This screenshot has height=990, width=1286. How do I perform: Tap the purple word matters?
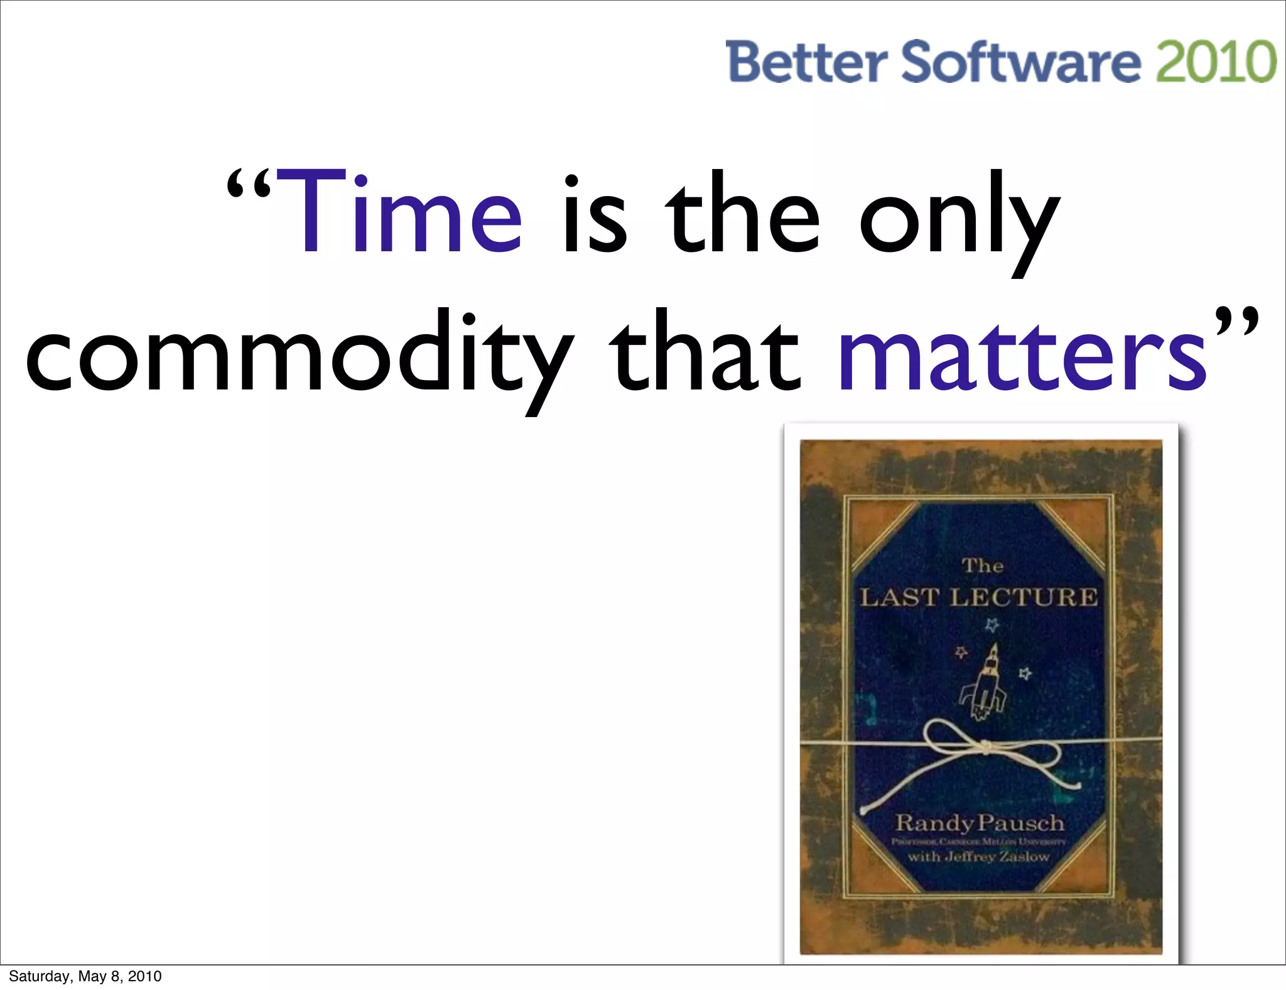(x=1022, y=355)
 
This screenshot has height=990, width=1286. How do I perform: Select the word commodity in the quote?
(x=298, y=355)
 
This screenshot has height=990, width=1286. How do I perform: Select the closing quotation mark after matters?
(x=1236, y=322)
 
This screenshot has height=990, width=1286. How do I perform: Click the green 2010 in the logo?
(x=1216, y=62)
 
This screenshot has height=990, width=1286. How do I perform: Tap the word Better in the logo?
(x=806, y=62)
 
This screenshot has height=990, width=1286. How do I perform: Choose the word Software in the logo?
(x=1021, y=62)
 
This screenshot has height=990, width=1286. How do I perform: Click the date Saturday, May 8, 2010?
(x=85, y=976)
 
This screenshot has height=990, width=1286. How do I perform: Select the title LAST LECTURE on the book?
(x=979, y=597)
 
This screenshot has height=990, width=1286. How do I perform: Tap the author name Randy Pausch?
(x=980, y=822)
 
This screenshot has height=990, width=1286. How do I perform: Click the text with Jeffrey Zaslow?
(x=979, y=856)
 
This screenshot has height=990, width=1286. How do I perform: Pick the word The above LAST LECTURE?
(x=983, y=566)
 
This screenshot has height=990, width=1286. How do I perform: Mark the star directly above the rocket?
(x=992, y=624)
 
